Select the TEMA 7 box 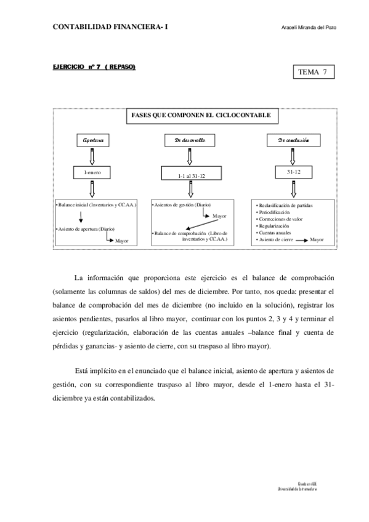click(312, 72)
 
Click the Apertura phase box click(93, 141)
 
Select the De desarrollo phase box click(190, 141)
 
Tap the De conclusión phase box click(293, 141)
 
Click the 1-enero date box click(93, 173)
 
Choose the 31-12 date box click(293, 172)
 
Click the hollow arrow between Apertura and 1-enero click(93, 156)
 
